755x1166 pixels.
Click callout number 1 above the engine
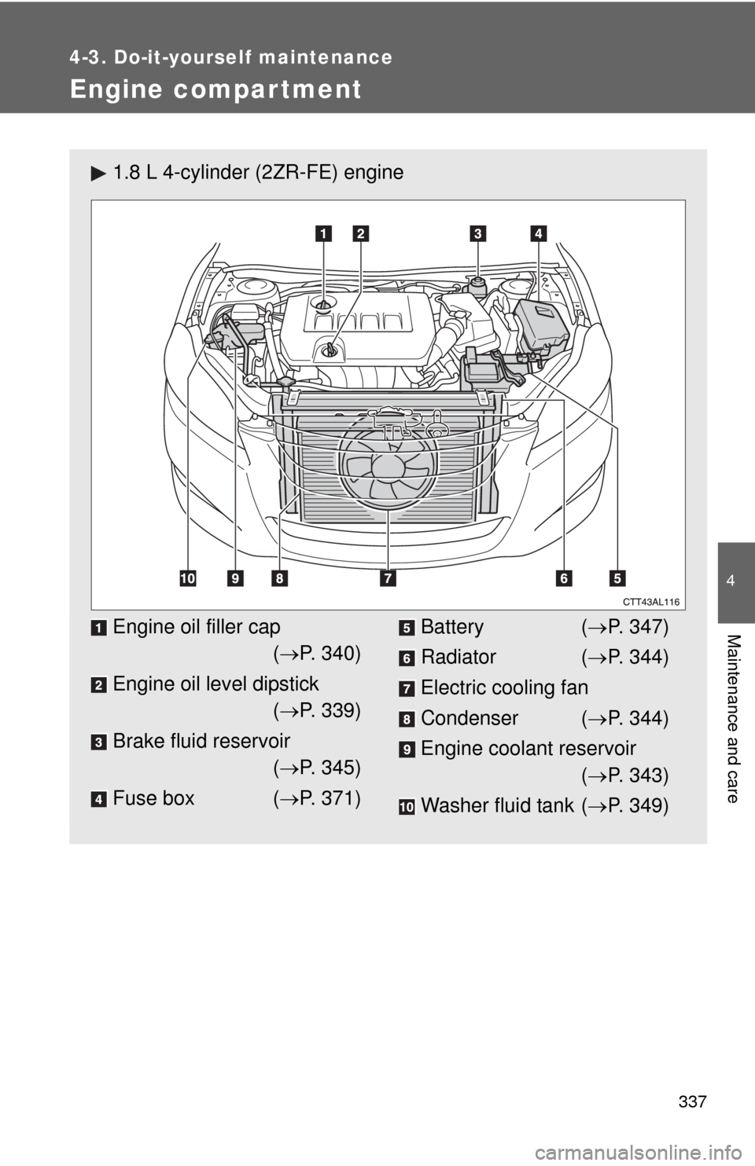click(x=324, y=232)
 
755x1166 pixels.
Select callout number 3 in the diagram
click(x=478, y=232)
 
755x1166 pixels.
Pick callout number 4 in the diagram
click(x=538, y=232)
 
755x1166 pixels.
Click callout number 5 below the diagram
click(x=616, y=578)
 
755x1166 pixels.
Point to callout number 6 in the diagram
click(x=563, y=578)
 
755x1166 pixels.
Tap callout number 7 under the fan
click(x=389, y=578)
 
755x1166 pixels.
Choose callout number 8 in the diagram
click(x=279, y=578)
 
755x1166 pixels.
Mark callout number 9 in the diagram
click(x=235, y=578)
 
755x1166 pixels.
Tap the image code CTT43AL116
click(x=652, y=601)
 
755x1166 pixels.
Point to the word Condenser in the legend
click(x=470, y=718)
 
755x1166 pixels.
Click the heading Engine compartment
click(x=215, y=90)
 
